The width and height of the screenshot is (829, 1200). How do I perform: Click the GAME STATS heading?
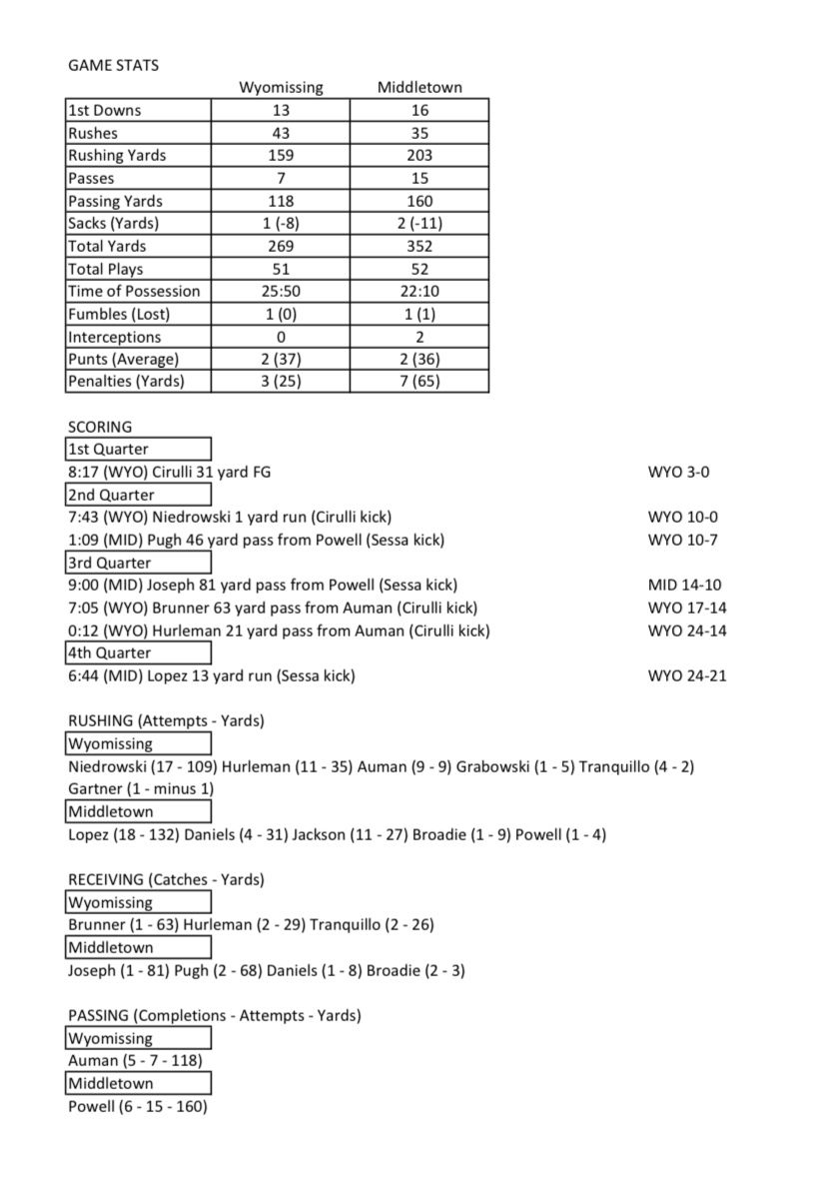(x=113, y=65)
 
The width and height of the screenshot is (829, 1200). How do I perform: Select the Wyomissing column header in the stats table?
(x=281, y=88)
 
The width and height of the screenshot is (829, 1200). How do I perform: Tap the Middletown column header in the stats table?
(x=419, y=88)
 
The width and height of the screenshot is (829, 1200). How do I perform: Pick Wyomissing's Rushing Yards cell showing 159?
(x=281, y=156)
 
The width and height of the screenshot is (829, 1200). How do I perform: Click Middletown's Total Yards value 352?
(x=419, y=246)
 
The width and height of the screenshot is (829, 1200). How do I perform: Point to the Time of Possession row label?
(x=134, y=291)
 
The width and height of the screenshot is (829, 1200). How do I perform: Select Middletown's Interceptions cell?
(x=419, y=337)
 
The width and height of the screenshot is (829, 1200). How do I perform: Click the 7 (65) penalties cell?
(x=419, y=381)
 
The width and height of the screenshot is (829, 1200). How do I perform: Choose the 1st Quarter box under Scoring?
(x=138, y=449)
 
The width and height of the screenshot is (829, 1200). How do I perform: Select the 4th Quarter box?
(x=138, y=652)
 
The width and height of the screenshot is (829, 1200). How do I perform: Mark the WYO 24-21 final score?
(x=687, y=675)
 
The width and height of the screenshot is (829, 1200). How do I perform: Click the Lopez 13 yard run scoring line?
(x=212, y=675)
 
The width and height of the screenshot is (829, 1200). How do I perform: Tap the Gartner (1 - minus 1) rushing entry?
(x=141, y=788)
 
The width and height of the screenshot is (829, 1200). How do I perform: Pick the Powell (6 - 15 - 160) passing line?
(x=138, y=1106)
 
